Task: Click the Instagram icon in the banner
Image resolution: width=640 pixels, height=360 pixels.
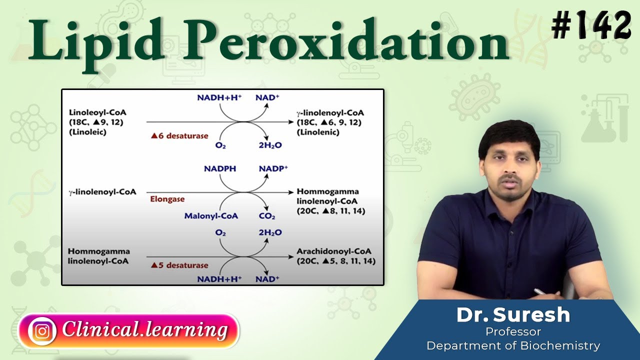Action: point(42,330)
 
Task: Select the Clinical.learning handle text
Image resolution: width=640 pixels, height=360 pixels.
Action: point(145,330)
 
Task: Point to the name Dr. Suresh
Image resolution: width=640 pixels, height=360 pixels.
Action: point(513,314)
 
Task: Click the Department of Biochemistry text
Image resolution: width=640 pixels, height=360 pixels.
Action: point(513,345)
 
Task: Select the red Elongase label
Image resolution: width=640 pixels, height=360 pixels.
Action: point(167,199)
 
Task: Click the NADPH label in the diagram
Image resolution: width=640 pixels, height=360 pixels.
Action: point(220,169)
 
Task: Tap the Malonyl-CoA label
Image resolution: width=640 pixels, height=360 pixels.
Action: point(211,216)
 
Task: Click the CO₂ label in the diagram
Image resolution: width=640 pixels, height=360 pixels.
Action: point(267,216)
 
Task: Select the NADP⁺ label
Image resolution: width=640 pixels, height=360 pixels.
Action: point(273,169)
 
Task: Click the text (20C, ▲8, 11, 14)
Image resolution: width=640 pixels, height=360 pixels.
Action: point(331,211)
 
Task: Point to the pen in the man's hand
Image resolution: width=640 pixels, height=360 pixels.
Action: point(540,291)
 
